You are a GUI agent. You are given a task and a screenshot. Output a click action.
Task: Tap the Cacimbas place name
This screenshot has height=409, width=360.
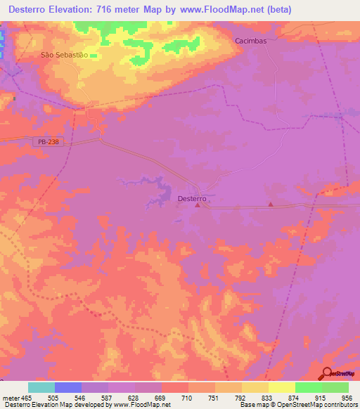click(x=252, y=41)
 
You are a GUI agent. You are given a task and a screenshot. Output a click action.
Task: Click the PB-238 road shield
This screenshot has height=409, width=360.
click(x=46, y=142)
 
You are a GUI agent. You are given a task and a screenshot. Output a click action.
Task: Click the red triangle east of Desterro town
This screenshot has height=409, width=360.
click(x=271, y=204)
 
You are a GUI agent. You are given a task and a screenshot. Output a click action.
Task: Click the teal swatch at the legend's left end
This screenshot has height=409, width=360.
click(x=41, y=387)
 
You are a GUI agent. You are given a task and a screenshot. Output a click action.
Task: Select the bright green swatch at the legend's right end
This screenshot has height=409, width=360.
click(x=335, y=387)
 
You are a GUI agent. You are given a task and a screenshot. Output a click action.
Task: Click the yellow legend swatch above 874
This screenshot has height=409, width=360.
click(x=282, y=387)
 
